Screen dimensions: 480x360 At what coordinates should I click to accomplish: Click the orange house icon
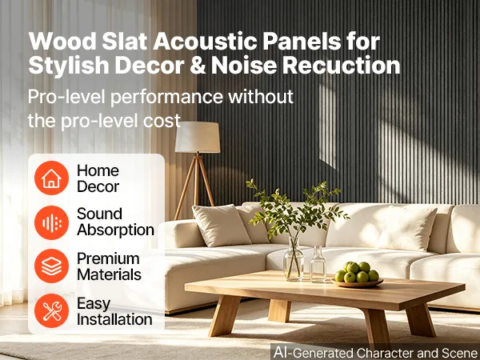pyautogui.click(x=51, y=178)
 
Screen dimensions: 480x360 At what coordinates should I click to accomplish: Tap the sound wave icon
pyautogui.click(x=51, y=222)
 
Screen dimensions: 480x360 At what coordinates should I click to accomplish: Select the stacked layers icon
pyautogui.click(x=51, y=266)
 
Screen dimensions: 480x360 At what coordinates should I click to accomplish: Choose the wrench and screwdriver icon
pyautogui.click(x=51, y=310)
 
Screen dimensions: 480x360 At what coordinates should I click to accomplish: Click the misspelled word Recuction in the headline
pyautogui.click(x=341, y=66)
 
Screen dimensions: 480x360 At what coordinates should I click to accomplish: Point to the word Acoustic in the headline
pyautogui.click(x=205, y=41)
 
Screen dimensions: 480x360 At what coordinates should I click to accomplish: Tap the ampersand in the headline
pyautogui.click(x=198, y=66)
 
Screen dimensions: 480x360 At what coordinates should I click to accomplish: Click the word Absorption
pyautogui.click(x=115, y=230)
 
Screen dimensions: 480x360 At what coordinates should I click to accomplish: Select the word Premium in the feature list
pyautogui.click(x=108, y=258)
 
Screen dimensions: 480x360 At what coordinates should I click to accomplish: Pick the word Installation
pyautogui.click(x=114, y=319)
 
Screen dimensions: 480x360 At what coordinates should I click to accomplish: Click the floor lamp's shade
pyautogui.click(x=198, y=137)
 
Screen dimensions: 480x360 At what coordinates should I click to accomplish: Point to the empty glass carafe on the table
pyautogui.click(x=318, y=264)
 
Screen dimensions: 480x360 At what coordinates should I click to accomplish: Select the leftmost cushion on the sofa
pyautogui.click(x=221, y=225)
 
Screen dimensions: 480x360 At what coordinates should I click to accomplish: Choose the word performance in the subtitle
pyautogui.click(x=167, y=97)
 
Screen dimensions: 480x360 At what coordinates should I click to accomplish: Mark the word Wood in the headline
pyautogui.click(x=62, y=41)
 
